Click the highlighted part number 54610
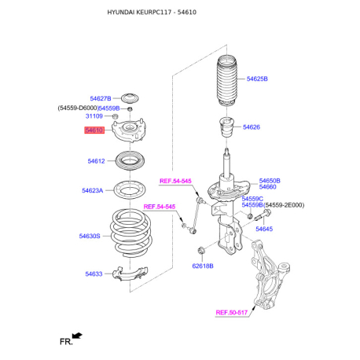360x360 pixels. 94,130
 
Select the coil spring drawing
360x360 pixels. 131,233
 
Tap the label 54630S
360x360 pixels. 90,236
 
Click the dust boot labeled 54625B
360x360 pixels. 227,80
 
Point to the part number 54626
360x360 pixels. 252,127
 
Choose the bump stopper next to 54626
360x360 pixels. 226,127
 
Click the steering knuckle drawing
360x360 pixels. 269,274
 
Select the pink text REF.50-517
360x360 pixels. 231,313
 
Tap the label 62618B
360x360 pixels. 203,266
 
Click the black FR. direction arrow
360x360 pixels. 77,336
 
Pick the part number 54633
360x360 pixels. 94,274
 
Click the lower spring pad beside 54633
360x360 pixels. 130,274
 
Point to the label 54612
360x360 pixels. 96,161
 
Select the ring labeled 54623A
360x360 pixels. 130,190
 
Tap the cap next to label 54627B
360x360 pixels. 130,98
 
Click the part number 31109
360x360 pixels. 94,116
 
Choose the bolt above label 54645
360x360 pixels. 263,215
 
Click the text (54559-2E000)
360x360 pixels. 284,205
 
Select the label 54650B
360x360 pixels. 270,181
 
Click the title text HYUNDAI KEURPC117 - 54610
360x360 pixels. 152,12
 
